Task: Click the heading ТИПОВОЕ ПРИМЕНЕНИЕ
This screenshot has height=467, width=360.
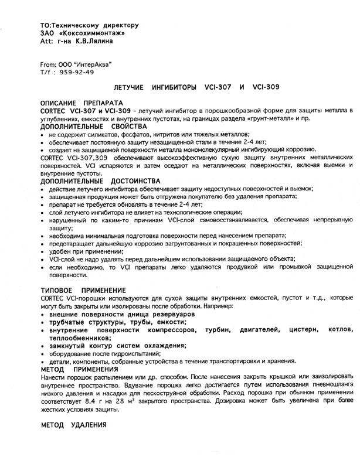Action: (83, 290)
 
